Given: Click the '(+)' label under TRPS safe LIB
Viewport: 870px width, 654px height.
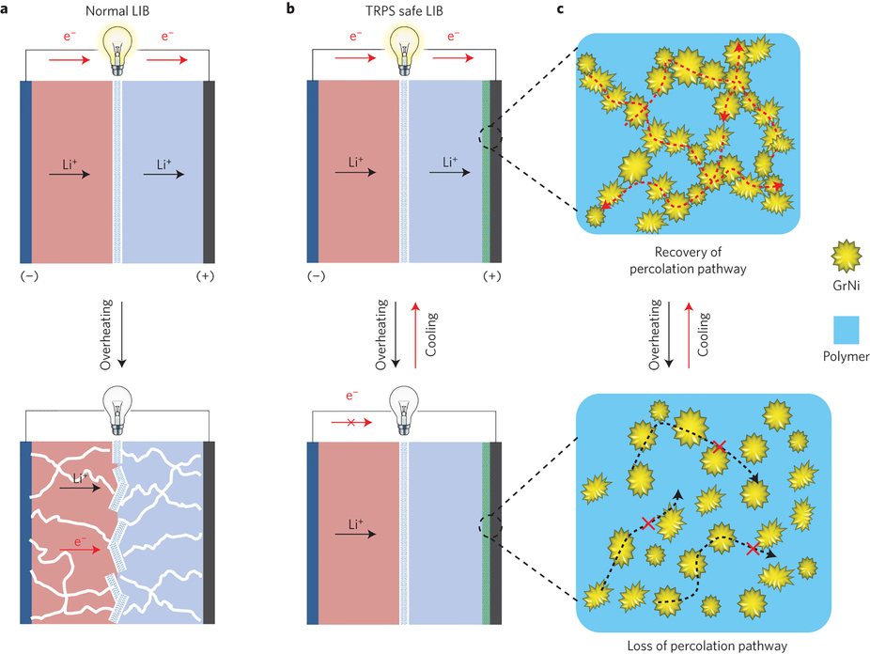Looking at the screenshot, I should (490, 277).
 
